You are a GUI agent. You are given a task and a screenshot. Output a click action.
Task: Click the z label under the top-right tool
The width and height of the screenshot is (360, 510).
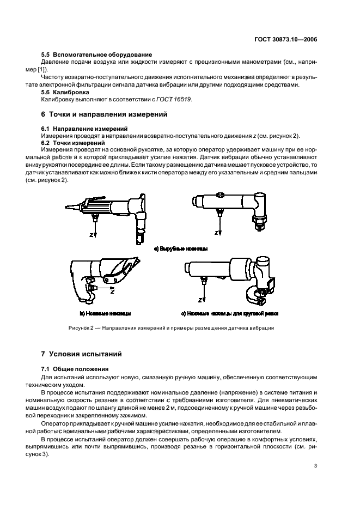[216, 233]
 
